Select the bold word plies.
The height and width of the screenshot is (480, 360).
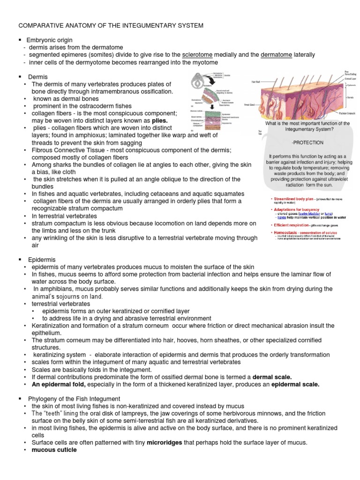tap(157, 120)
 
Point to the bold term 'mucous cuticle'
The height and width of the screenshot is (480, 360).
tap(54, 450)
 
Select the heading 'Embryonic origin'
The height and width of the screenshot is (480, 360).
tap(50, 40)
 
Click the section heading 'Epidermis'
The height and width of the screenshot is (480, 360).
tap(42, 260)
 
